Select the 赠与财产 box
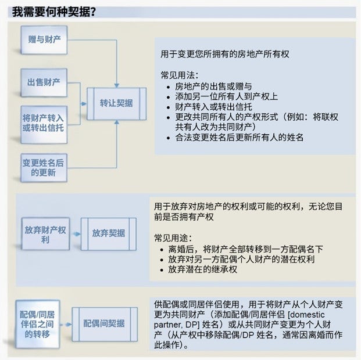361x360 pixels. point(44,40)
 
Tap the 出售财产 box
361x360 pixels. point(44,82)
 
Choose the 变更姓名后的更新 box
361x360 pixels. point(44,167)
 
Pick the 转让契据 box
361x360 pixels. point(116,103)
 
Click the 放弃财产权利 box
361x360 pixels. point(45,234)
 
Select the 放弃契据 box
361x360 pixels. point(108,233)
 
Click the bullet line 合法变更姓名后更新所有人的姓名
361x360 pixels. point(239,138)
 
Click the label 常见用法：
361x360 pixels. point(180,75)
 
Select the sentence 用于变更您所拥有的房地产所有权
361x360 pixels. point(225,54)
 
